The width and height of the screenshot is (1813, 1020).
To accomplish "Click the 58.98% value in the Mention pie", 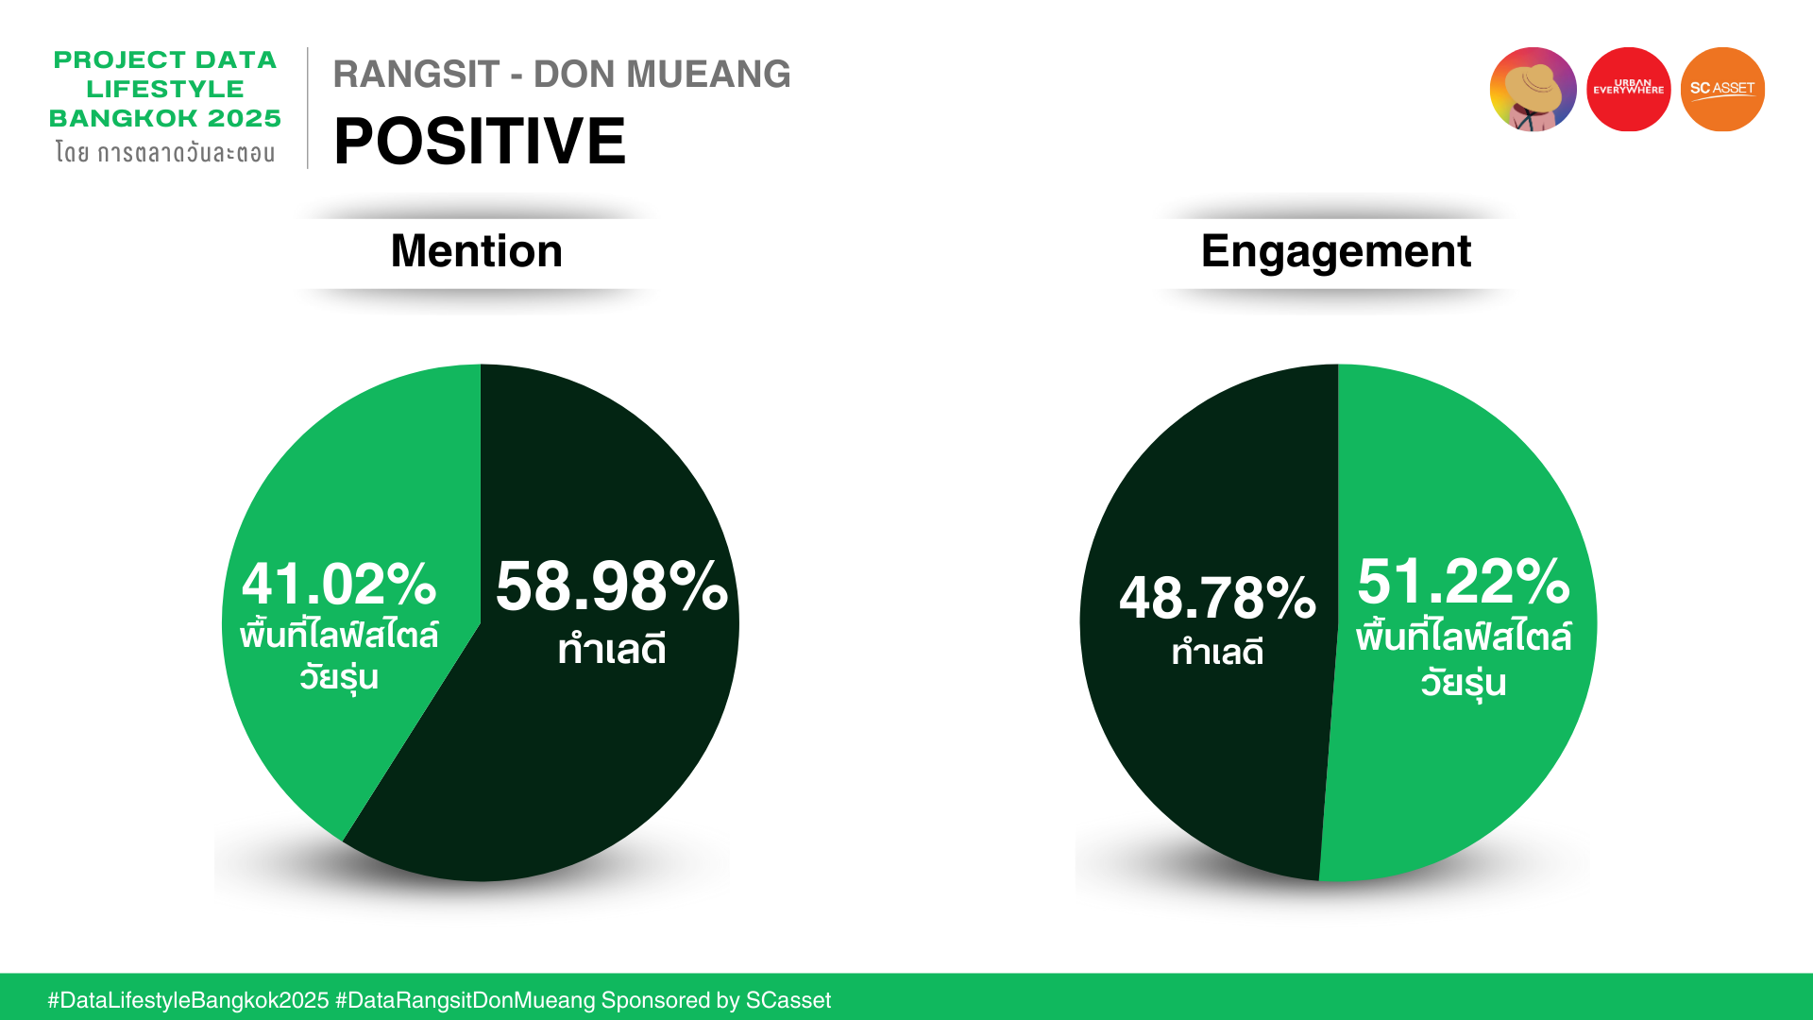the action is pyautogui.click(x=612, y=586).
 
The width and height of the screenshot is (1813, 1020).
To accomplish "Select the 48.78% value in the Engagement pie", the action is pyautogui.click(x=1217, y=598).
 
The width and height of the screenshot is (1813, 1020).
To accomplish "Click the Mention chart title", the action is pyautogui.click(x=477, y=251).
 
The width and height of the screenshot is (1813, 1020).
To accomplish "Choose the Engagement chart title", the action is pyautogui.click(x=1336, y=252).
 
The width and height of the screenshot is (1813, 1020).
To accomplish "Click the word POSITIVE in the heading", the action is pyautogui.click(x=480, y=142).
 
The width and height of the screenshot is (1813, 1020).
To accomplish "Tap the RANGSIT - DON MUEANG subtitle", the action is pyautogui.click(x=562, y=74).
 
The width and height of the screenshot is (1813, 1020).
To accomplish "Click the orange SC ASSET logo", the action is pyautogui.click(x=1722, y=90).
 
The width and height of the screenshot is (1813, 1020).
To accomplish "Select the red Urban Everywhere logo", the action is pyautogui.click(x=1628, y=90).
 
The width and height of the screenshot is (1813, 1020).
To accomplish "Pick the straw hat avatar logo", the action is pyautogui.click(x=1533, y=90).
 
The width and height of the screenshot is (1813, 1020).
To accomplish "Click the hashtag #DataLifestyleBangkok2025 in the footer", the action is pyautogui.click(x=189, y=1000).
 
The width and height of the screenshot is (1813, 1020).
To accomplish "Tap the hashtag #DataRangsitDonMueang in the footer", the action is pyautogui.click(x=466, y=1000).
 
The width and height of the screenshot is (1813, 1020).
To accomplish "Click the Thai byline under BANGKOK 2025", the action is pyautogui.click(x=165, y=152).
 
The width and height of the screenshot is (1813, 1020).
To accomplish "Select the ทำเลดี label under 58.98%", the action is pyautogui.click(x=612, y=649).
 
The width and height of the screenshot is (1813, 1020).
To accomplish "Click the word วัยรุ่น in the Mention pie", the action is pyautogui.click(x=339, y=677).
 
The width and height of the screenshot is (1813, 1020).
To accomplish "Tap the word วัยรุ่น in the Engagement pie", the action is pyautogui.click(x=1464, y=682).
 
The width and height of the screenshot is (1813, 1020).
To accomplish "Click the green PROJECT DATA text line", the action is pyautogui.click(x=165, y=59).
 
